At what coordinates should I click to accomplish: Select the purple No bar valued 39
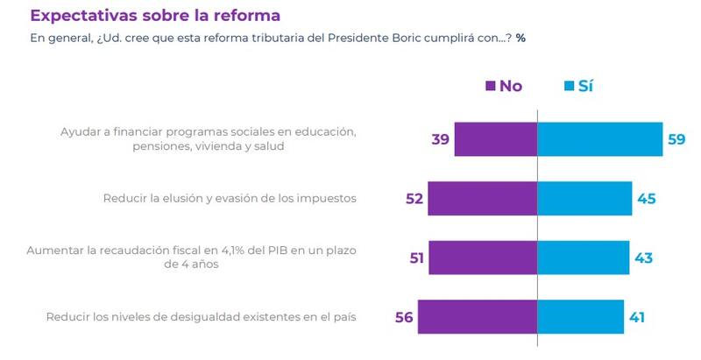click(x=495, y=139)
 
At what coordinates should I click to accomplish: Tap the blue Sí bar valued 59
click(x=600, y=139)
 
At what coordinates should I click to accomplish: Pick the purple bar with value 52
click(x=483, y=199)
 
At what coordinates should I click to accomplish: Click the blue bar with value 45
click(x=584, y=199)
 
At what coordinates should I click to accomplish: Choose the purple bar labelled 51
click(x=484, y=258)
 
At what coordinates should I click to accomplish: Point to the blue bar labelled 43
click(x=583, y=258)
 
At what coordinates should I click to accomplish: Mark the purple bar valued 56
click(x=478, y=316)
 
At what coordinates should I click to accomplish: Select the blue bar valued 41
click(x=580, y=316)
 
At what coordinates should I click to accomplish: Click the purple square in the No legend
click(x=490, y=86)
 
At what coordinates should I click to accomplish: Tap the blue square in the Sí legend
click(x=569, y=86)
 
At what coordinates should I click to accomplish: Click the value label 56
click(x=404, y=316)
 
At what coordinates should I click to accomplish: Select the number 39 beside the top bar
click(x=441, y=139)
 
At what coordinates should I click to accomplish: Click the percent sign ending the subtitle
click(x=520, y=39)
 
